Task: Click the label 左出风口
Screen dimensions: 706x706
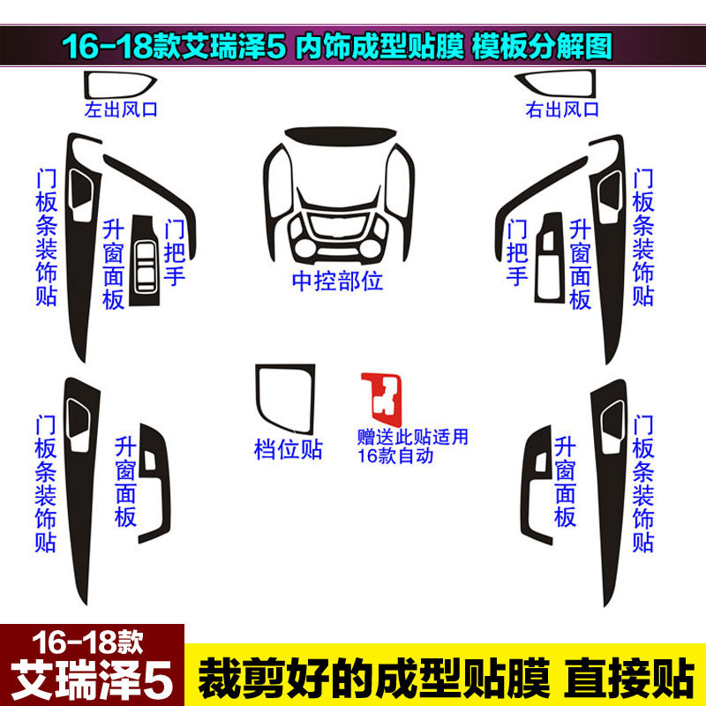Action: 120,111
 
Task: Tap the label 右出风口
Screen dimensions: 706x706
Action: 561,110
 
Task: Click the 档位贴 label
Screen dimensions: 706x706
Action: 288,450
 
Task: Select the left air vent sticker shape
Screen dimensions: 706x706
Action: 119,86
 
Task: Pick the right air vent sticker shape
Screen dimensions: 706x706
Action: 560,86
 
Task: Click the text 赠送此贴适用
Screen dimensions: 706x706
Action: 412,437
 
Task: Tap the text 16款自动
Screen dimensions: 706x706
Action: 396,456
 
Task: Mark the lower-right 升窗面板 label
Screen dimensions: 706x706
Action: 565,482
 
